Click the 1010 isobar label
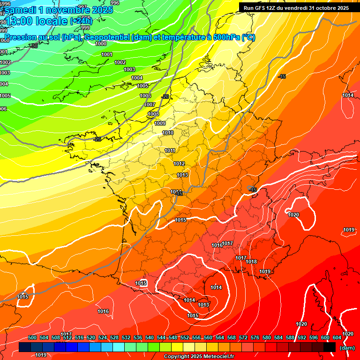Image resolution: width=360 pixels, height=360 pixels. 168,133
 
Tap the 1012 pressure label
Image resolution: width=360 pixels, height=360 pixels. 179,164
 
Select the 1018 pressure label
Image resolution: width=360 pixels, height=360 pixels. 252,262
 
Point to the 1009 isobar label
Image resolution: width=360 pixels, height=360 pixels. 160,124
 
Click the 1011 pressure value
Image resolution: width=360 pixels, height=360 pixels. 170,150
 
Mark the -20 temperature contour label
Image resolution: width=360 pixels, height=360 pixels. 165,97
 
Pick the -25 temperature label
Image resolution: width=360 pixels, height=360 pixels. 97,139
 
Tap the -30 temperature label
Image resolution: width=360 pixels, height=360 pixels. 33,46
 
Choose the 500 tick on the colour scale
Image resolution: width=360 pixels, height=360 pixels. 32,338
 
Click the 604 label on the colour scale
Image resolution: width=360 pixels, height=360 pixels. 337,338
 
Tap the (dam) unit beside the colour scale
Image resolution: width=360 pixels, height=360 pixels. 347,347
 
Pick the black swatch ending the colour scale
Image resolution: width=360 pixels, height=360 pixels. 329,347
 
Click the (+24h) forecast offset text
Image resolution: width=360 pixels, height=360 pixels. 81,21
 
